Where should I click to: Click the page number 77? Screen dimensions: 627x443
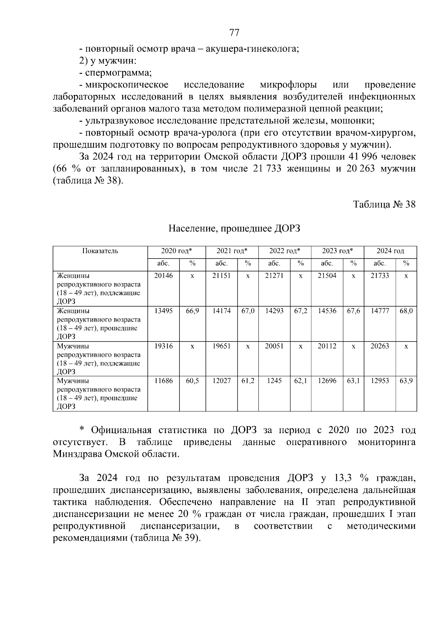click(x=234, y=33)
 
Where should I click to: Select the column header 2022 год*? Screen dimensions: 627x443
click(x=285, y=251)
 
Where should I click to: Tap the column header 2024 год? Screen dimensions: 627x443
click(x=390, y=251)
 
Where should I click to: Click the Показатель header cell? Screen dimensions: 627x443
click(x=100, y=251)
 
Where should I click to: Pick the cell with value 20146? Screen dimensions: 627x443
click(x=163, y=276)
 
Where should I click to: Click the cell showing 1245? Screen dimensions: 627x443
click(x=274, y=381)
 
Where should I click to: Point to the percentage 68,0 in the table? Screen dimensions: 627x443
click(x=406, y=311)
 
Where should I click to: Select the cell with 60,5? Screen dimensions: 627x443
click(x=192, y=381)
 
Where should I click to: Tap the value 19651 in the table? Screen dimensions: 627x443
click(x=221, y=346)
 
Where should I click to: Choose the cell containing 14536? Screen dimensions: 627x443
click(x=327, y=311)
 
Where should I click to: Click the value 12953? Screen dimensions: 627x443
click(x=380, y=381)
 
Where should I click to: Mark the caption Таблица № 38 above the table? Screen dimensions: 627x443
click(x=384, y=204)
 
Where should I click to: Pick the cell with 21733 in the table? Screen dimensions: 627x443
click(x=380, y=276)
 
